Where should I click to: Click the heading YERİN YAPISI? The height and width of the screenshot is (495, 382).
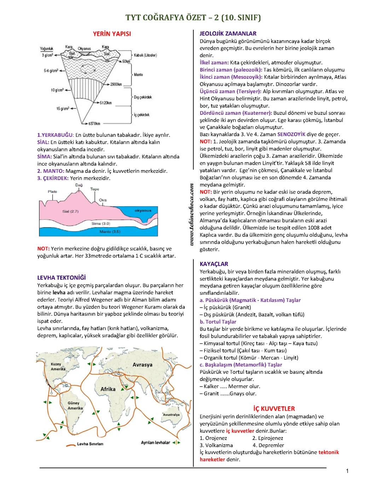click(112, 34)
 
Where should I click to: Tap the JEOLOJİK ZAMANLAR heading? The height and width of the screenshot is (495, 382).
click(228, 34)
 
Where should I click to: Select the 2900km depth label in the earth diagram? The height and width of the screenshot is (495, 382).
click(116, 84)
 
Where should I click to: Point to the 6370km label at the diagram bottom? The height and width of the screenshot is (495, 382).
click(94, 124)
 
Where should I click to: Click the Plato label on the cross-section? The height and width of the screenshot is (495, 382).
click(52, 192)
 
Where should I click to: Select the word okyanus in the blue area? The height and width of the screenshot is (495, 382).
click(143, 210)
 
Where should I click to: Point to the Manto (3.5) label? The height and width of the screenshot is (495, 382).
click(110, 231)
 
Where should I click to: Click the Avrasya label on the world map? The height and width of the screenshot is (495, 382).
click(143, 365)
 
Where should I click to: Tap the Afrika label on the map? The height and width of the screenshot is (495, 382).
click(108, 389)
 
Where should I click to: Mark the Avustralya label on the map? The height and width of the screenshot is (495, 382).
click(171, 415)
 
